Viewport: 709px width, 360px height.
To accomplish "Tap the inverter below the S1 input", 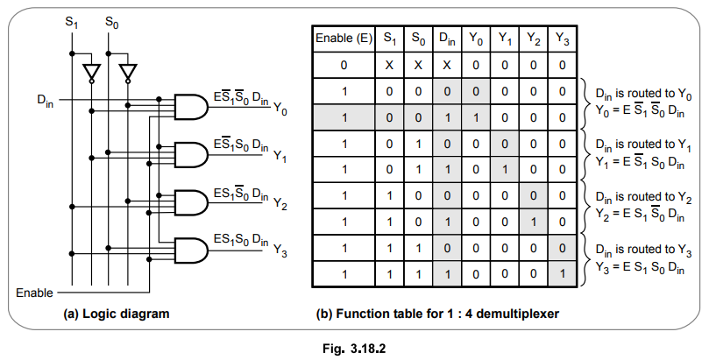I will click(89, 71).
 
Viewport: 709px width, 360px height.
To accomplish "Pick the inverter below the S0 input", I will click(129, 71).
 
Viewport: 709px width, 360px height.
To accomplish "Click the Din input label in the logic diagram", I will click(45, 99).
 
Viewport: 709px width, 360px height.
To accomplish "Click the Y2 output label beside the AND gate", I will click(280, 204).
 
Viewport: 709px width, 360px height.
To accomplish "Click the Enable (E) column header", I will click(344, 39).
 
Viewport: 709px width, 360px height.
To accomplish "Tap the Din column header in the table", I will click(447, 39).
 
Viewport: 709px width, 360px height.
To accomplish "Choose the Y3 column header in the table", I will click(562, 39).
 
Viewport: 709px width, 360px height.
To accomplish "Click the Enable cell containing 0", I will click(344, 65).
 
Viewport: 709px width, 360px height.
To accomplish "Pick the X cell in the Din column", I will click(447, 65).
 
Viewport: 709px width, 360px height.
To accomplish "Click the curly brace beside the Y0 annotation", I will click(584, 102).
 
